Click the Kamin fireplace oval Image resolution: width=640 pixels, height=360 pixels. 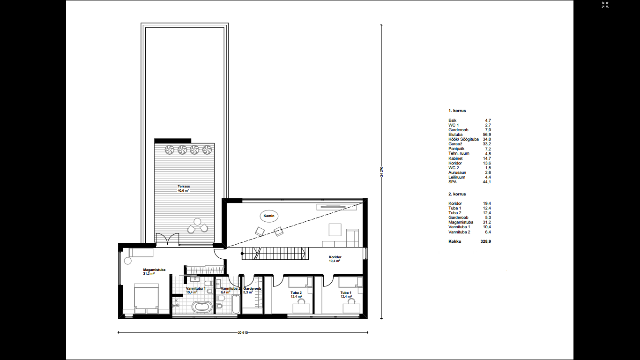pos(269,216)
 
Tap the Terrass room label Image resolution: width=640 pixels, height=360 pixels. pos(184,187)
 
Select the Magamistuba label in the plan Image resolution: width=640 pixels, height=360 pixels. pos(154,270)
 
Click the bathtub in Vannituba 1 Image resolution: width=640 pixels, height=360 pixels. pos(202,307)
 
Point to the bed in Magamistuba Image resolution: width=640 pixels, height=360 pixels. pos(146,298)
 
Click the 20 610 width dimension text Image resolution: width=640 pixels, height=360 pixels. pos(243,332)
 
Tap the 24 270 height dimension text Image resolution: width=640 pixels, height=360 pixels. pos(381,172)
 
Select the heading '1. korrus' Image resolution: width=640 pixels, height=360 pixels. pos(457,111)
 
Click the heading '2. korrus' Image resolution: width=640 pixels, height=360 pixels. pos(457,194)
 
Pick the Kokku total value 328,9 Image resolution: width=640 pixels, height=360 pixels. pos(486,241)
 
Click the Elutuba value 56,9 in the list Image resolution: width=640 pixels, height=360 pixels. pos(487,135)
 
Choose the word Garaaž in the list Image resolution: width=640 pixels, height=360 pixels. pos(455,144)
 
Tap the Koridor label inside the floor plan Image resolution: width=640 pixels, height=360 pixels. pos(335,257)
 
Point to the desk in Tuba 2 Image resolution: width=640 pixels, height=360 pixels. pos(301,308)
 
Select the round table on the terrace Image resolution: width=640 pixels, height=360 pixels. pos(197,221)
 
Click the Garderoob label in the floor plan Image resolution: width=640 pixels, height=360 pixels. pos(252,288)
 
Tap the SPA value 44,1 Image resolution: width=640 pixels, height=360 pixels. pos(487,182)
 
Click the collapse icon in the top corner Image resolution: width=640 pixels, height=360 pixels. pos(605,5)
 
